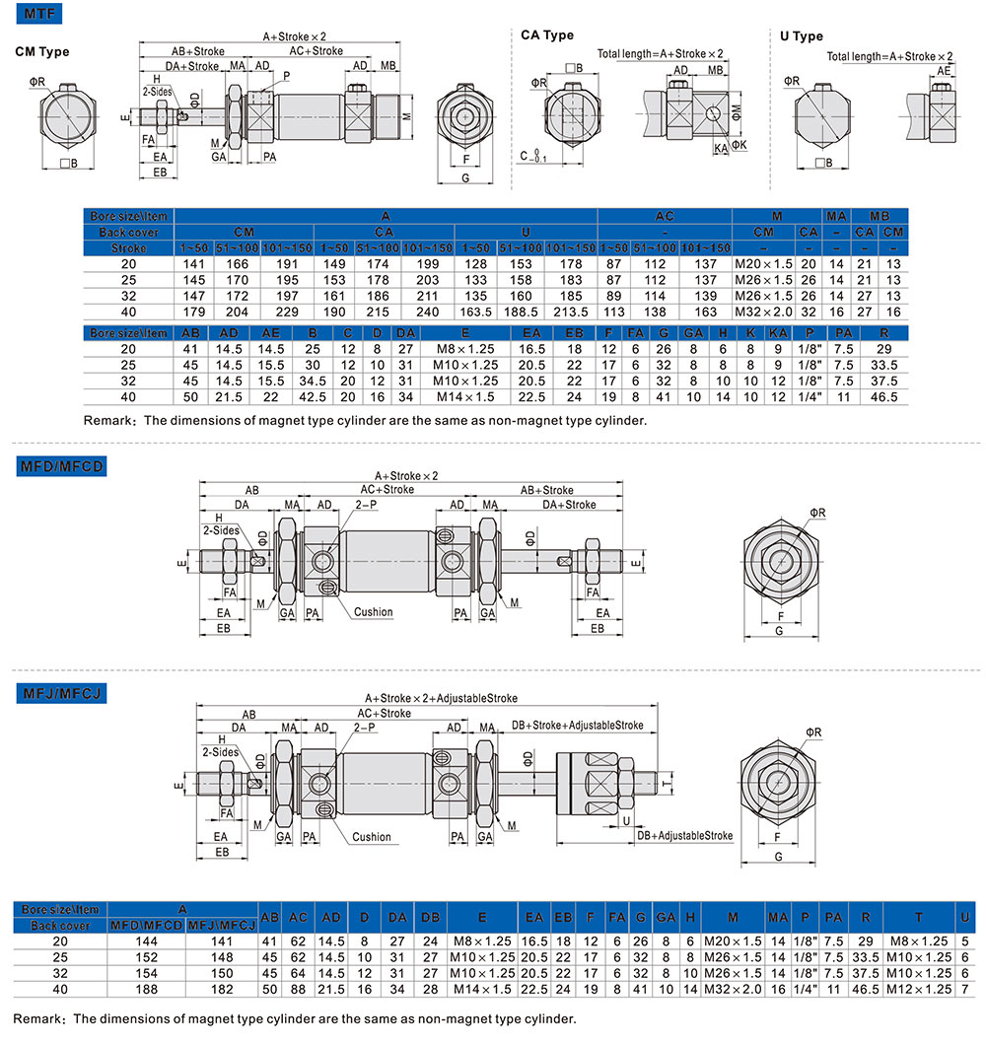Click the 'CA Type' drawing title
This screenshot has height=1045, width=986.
547,35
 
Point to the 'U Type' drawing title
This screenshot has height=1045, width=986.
801,36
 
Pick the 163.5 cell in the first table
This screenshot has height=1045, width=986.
475,312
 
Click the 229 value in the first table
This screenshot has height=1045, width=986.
285,312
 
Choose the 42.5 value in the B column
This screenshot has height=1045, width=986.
314,397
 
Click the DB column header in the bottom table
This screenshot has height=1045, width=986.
430,917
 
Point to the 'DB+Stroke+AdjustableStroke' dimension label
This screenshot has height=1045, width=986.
577,725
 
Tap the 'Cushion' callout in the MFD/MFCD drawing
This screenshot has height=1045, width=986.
373,611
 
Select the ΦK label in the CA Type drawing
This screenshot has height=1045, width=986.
739,145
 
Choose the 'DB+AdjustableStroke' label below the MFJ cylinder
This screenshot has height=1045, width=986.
684,835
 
